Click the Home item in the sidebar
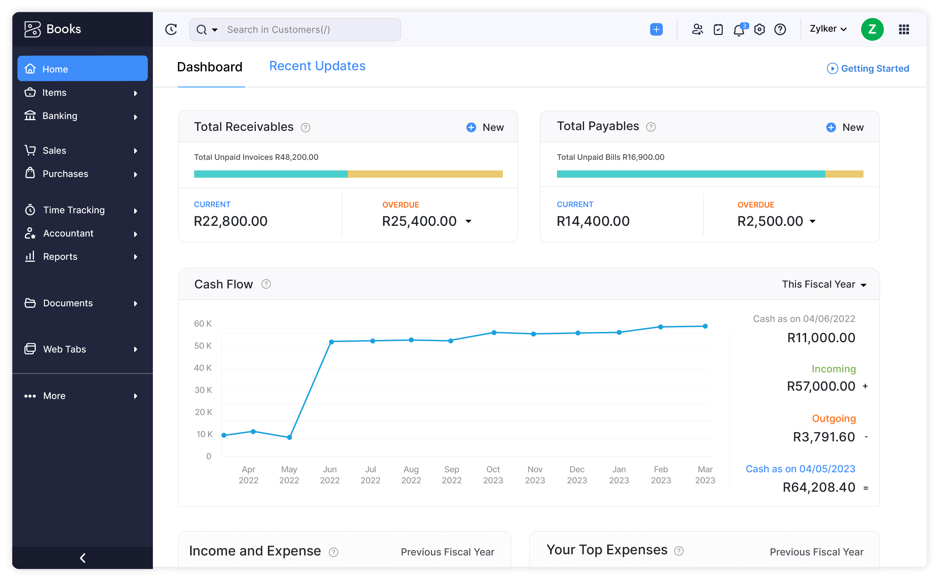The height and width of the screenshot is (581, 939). tap(82, 69)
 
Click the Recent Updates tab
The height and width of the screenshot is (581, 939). tap(317, 66)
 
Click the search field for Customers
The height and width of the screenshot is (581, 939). tap(311, 30)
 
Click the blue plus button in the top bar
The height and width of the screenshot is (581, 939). tap(656, 30)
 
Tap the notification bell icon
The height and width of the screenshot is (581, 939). tap(738, 30)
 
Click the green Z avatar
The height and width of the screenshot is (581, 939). tap(872, 29)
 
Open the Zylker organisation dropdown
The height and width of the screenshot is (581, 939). tap(828, 29)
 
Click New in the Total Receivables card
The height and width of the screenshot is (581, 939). tap(485, 127)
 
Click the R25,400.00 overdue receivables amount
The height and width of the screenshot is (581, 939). tap(419, 221)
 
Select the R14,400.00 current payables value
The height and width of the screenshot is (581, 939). tap(593, 221)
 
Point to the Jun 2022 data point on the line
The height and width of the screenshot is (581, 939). tap(332, 341)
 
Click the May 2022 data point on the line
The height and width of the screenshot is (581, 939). tap(289, 437)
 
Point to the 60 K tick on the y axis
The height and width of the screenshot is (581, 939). tap(203, 323)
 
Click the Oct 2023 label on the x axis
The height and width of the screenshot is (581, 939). tap(493, 475)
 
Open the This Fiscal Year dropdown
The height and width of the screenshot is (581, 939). tap(824, 284)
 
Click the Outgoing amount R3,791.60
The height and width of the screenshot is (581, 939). tap(824, 437)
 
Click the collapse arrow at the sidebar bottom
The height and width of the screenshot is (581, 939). tap(82, 558)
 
